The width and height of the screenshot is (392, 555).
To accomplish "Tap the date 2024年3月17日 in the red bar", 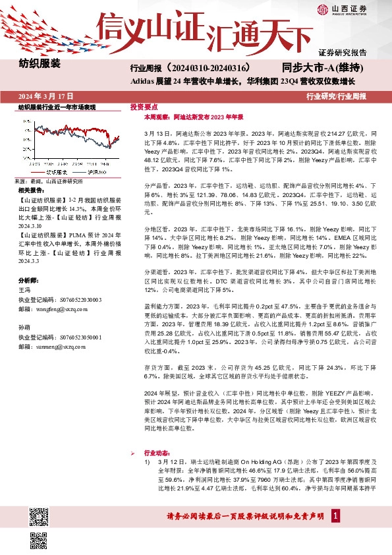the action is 45,96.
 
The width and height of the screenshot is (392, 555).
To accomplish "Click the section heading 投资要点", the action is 143,106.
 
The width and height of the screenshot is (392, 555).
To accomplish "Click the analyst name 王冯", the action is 24,289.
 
